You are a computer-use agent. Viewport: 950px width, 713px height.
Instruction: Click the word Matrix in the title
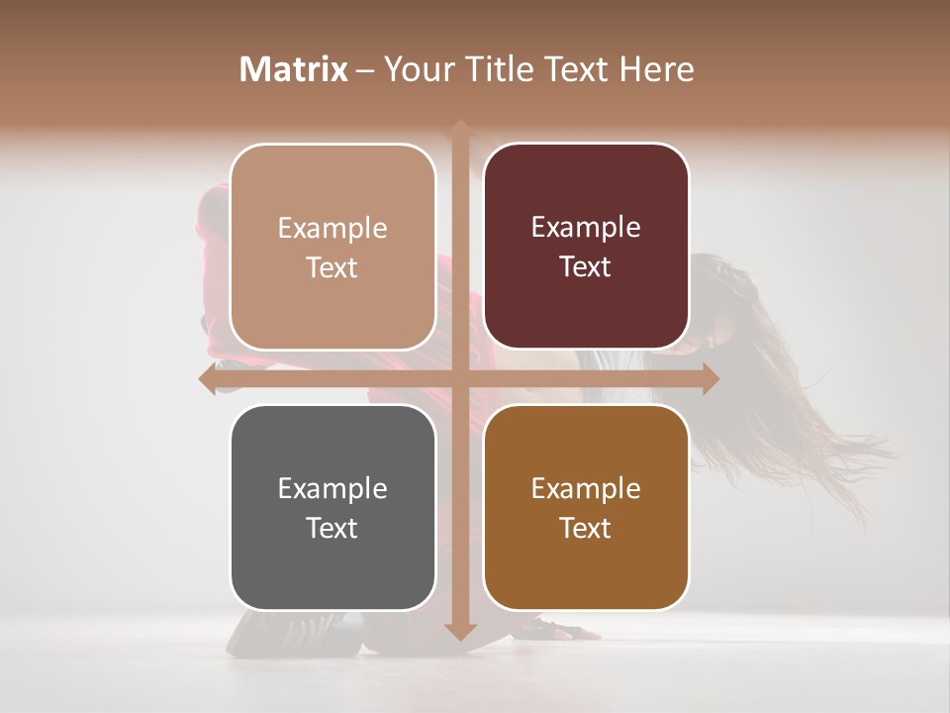pyautogui.click(x=294, y=69)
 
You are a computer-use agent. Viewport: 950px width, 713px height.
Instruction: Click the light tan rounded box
pyautogui.click(x=332, y=247)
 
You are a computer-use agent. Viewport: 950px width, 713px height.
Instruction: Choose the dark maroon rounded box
pyautogui.click(x=586, y=247)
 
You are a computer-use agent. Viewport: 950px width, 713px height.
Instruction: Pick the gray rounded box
pyautogui.click(x=332, y=507)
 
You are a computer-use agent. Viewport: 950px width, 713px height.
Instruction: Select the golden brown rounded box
pyautogui.click(x=586, y=507)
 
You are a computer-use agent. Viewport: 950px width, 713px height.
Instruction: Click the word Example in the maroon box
pyautogui.click(x=586, y=228)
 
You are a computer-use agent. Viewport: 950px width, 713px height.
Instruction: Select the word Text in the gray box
pyautogui.click(x=332, y=528)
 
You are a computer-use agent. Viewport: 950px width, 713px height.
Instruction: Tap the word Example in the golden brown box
pyautogui.click(x=586, y=488)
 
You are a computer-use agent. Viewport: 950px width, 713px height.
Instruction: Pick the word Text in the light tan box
pyautogui.click(x=332, y=267)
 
